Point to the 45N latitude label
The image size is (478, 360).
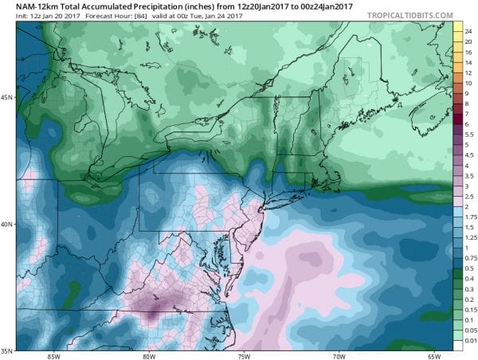[x=7, y=97]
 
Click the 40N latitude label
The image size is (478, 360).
[x=7, y=224]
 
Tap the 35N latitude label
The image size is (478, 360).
[x=7, y=350]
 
